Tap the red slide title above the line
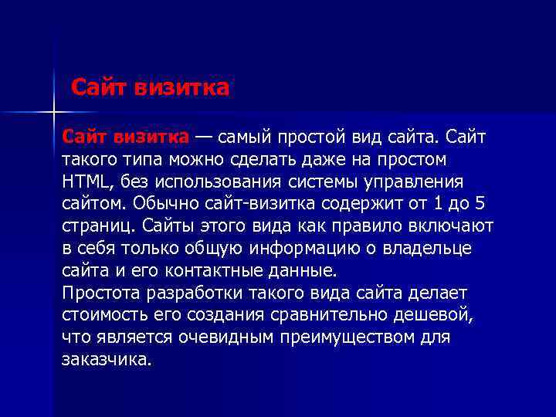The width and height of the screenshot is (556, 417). [x=151, y=87]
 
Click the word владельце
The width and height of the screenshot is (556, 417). [x=429, y=249]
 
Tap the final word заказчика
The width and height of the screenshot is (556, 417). [x=107, y=361]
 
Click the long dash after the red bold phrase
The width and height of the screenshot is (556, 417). [x=205, y=137]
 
